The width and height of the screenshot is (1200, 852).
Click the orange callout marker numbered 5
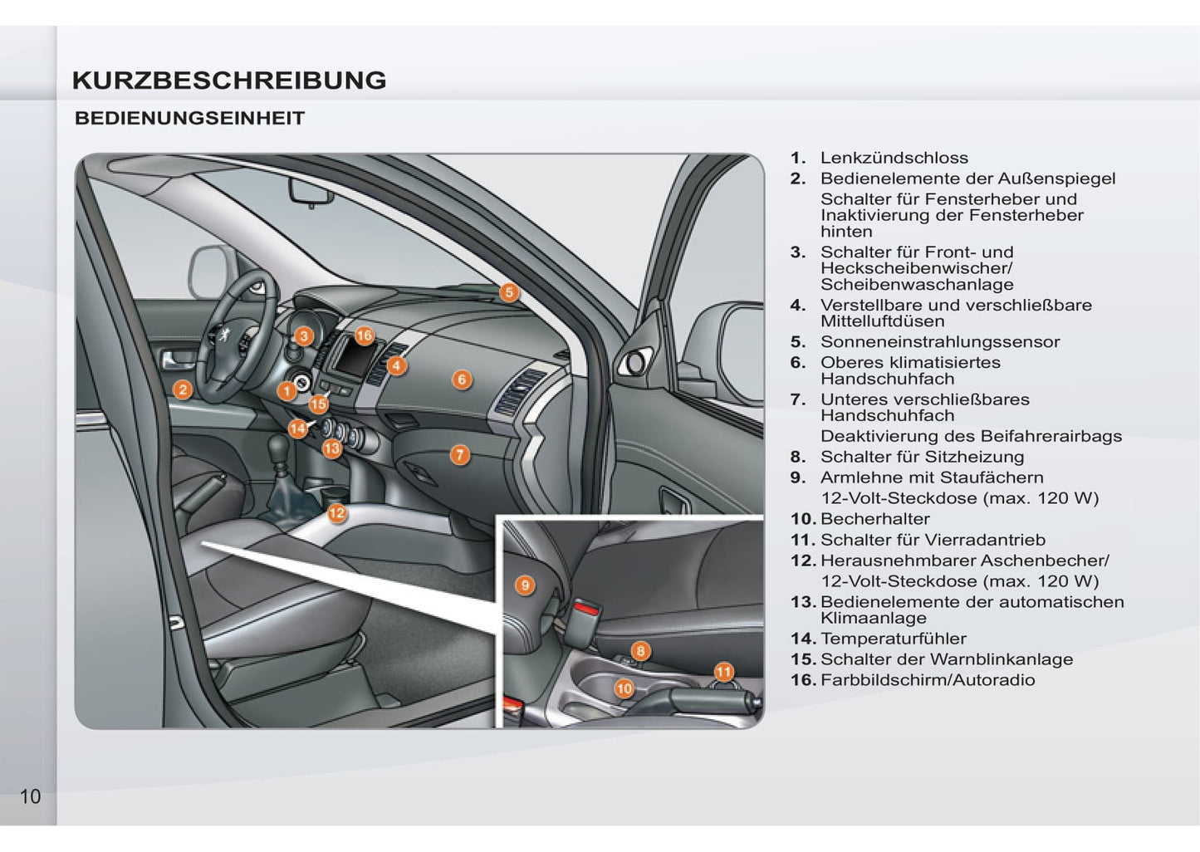[509, 292]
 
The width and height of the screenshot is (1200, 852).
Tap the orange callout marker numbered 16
[365, 336]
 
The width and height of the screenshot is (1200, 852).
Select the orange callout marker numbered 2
[183, 389]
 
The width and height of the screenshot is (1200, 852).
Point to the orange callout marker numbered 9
[525, 585]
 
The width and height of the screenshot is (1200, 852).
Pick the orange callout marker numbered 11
[724, 672]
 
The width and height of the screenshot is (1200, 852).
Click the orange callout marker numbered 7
[459, 455]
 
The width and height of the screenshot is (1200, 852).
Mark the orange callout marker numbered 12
[337, 513]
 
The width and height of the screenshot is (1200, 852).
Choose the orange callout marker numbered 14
[297, 428]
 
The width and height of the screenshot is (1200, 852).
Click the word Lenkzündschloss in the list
[894, 158]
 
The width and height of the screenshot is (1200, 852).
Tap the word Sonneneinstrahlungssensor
[940, 342]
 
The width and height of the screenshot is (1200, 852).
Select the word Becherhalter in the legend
[874, 519]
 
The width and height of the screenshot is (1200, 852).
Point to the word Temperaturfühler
[894, 639]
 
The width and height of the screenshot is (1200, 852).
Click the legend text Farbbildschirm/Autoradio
[928, 680]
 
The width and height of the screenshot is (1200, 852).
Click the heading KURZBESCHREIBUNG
[229, 81]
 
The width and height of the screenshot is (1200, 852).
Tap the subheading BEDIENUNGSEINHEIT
[189, 118]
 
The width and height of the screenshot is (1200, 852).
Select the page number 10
[30, 797]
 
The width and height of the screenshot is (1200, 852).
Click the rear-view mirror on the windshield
[311, 191]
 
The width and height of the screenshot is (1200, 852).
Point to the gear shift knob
[279, 445]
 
